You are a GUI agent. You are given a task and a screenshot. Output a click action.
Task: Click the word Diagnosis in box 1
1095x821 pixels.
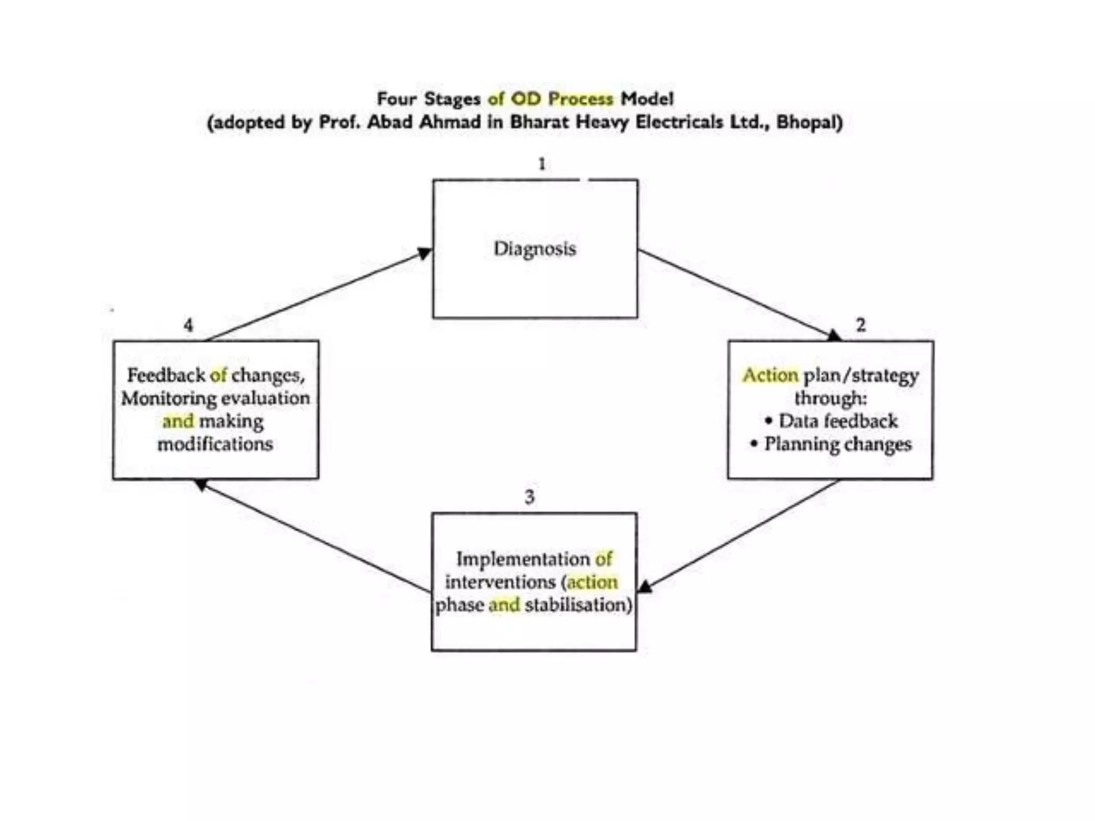[x=534, y=249]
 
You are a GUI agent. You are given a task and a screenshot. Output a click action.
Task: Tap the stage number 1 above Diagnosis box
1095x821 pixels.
[x=542, y=164]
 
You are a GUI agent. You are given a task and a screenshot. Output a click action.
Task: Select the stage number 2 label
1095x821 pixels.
[x=861, y=324]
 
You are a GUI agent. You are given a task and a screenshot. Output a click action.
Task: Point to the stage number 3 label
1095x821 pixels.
[x=529, y=497]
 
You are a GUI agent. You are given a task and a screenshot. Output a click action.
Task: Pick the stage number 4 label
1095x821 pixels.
[x=188, y=325]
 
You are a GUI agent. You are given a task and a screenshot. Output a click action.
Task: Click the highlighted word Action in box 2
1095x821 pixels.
[x=770, y=375]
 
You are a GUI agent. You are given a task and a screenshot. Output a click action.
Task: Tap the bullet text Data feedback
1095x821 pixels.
[x=838, y=421]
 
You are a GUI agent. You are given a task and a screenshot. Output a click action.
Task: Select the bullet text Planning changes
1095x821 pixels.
[x=837, y=444]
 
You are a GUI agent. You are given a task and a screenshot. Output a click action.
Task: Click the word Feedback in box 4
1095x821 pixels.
[x=166, y=375]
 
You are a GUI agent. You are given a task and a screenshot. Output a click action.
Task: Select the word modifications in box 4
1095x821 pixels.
[x=215, y=444]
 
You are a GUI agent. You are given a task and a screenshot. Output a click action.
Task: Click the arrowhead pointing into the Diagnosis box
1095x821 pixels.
[x=425, y=253]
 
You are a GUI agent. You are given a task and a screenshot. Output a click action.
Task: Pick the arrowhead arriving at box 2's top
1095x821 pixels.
[x=834, y=335]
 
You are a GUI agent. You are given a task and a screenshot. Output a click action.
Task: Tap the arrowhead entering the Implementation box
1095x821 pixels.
[x=645, y=587]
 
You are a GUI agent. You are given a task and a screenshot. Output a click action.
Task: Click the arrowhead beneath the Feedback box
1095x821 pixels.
[x=201, y=484]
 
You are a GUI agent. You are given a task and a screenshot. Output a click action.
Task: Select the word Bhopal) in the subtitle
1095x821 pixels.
[x=809, y=122]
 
